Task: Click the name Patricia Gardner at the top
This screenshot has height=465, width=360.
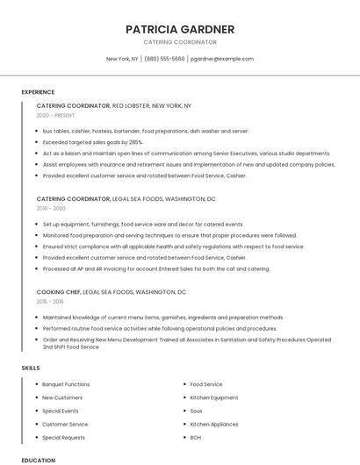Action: [180, 29]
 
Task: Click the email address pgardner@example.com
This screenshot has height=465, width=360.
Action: [221, 59]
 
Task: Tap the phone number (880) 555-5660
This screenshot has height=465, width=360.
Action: [164, 59]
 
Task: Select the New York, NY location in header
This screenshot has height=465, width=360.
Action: [122, 59]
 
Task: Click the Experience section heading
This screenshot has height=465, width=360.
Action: [38, 92]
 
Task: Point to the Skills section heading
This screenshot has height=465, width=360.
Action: [31, 368]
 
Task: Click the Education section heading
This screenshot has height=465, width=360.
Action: [38, 460]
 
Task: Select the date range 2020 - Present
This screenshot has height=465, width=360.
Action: [55, 116]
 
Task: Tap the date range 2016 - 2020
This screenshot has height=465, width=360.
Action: [51, 209]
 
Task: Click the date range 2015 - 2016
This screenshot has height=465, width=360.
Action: [50, 301]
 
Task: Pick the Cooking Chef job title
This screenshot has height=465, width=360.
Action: [59, 291]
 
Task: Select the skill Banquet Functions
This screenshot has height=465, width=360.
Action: [66, 384]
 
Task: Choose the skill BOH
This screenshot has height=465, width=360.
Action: [195, 437]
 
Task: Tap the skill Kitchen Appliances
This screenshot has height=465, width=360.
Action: [213, 424]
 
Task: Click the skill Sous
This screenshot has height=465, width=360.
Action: [196, 411]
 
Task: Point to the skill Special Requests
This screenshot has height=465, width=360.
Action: [63, 437]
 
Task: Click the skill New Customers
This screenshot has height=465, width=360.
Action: [61, 397]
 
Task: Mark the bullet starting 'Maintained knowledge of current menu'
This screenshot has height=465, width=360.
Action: [162, 318]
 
